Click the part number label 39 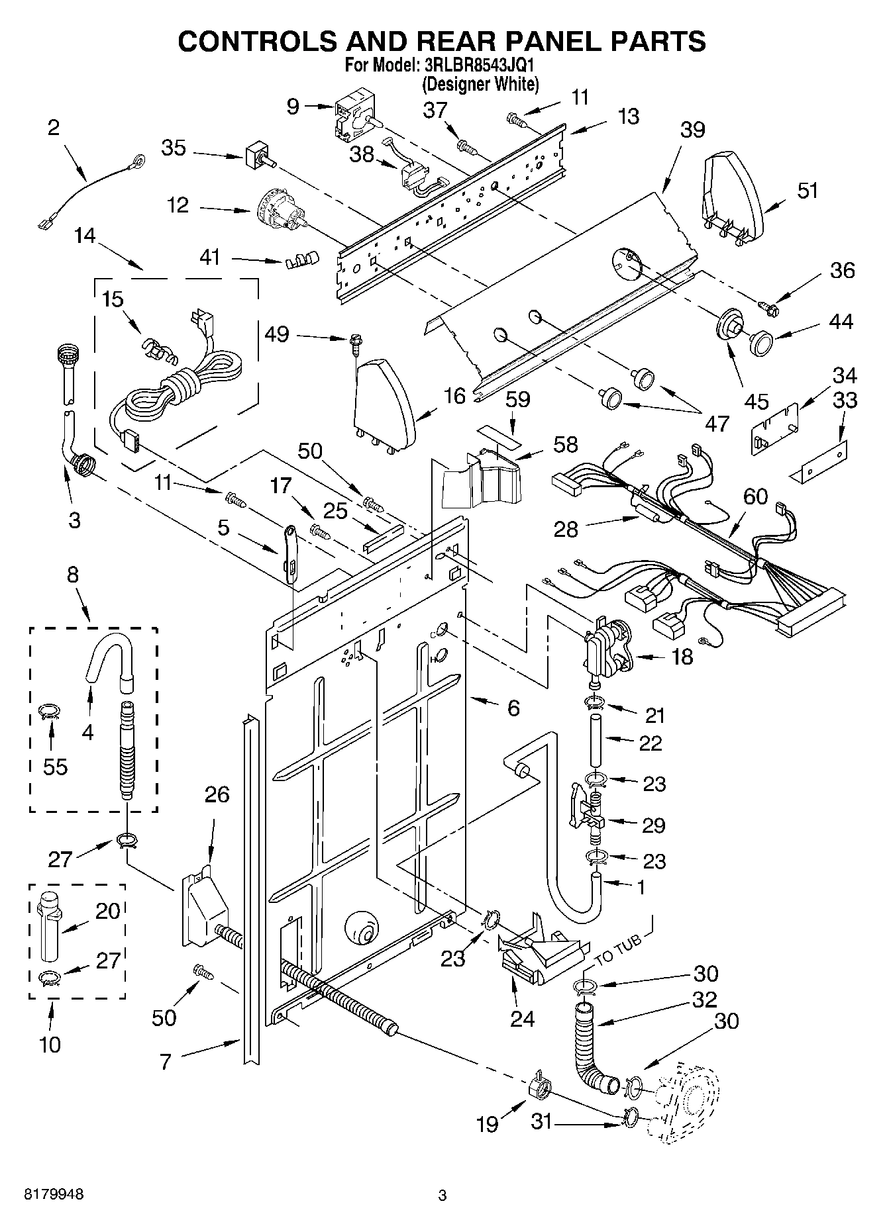coord(692,129)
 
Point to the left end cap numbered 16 coord(385,404)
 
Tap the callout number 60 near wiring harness coord(755,495)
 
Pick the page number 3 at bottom coord(443,1196)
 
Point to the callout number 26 coord(217,794)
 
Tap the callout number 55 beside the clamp coord(56,766)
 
